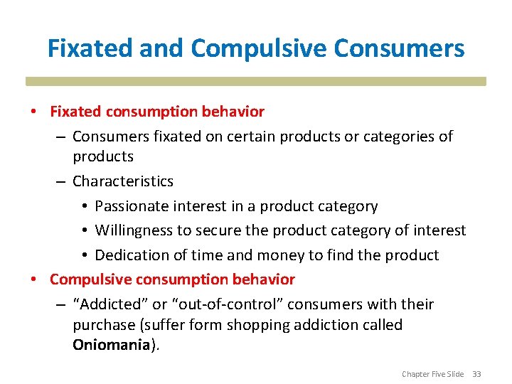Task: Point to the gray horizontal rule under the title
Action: point(256,81)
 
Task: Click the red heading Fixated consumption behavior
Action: point(156,112)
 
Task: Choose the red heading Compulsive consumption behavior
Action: point(172,279)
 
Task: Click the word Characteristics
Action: point(122,181)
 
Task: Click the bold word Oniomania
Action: point(112,346)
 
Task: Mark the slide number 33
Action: point(476,374)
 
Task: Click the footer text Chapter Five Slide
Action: point(432,374)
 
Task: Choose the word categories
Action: point(398,136)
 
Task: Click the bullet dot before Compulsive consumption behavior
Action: point(34,279)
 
